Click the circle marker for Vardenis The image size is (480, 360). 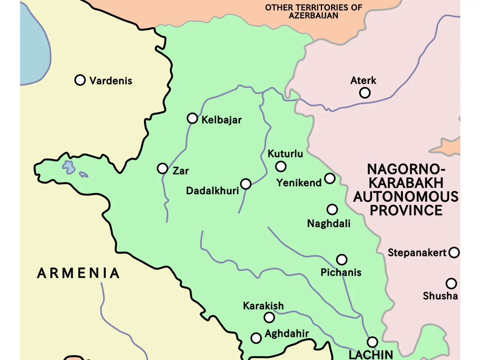[x=80, y=80]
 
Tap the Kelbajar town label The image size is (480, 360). [x=221, y=120]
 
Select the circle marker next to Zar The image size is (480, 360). [x=162, y=168]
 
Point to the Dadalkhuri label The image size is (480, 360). [x=212, y=191]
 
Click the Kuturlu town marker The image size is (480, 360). [x=280, y=166]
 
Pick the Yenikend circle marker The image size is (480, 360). [x=330, y=178]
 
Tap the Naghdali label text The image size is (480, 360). [x=328, y=223]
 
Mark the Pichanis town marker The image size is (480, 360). [x=342, y=259]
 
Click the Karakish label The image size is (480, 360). [x=263, y=306]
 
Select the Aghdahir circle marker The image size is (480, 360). [x=256, y=338]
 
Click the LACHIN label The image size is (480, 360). [x=370, y=354]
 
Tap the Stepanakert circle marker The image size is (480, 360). [x=454, y=252]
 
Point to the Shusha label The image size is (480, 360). [x=440, y=296]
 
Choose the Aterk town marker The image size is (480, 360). [x=364, y=93]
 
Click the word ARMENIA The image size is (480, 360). [x=78, y=273]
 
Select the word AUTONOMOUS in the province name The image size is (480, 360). [x=406, y=197]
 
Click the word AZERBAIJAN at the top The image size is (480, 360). [x=313, y=16]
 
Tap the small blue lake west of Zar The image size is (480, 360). [x=69, y=167]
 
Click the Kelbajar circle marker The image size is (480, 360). [x=192, y=118]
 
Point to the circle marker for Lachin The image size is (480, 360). [x=372, y=342]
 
